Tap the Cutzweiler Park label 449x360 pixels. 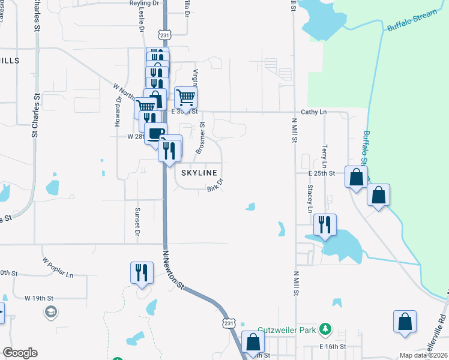pos(288,329)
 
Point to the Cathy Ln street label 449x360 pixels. pos(314,112)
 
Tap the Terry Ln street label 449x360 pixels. pos(325,156)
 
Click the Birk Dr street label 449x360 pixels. pos(215,185)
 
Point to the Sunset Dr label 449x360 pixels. pos(137,221)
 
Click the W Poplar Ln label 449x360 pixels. pos(58,268)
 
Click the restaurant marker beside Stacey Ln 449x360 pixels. pos(325,225)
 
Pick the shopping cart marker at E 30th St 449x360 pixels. pos(186,96)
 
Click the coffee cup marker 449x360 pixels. pos(155,133)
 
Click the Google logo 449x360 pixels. pos(20,353)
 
